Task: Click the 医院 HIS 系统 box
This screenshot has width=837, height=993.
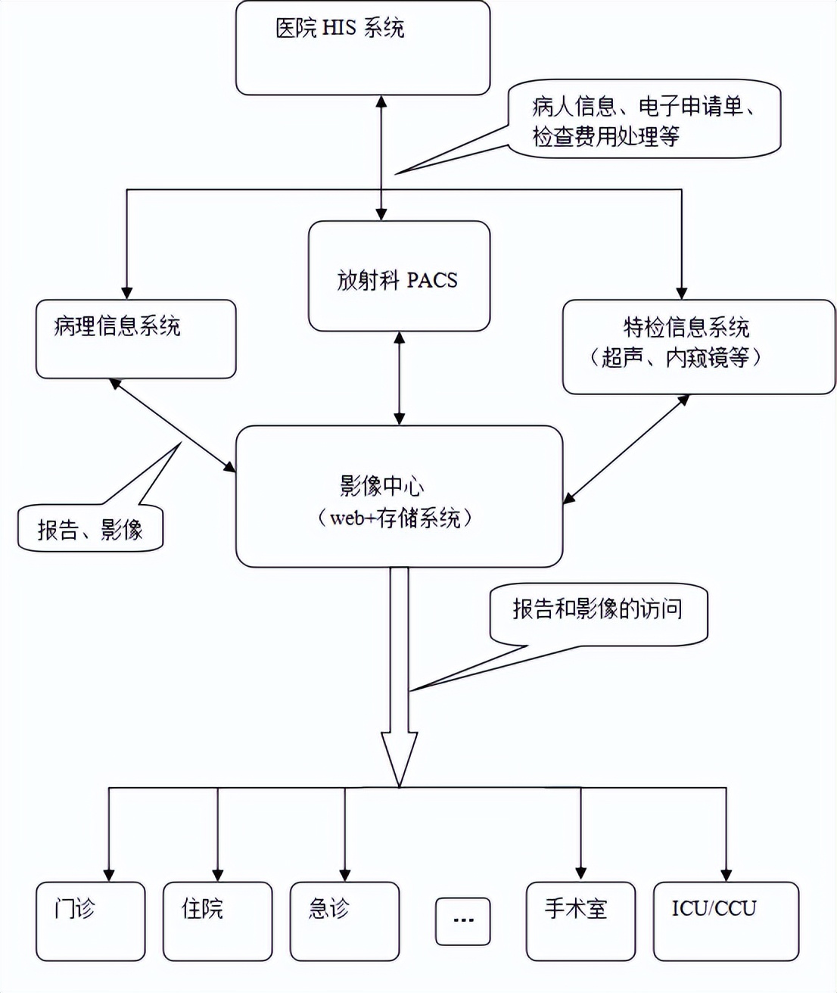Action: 362,48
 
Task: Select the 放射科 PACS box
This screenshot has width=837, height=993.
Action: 399,276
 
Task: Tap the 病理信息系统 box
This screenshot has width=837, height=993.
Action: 135,339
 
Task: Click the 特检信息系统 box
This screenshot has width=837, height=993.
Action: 698,347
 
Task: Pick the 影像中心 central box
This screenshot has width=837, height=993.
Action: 399,496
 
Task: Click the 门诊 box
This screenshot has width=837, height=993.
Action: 90,921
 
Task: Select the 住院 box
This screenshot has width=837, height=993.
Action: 217,921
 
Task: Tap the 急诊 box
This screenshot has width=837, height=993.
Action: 344,921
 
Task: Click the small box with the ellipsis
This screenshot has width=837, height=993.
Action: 462,921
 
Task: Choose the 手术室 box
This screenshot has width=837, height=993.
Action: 580,921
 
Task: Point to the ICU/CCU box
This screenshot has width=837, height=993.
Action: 725,921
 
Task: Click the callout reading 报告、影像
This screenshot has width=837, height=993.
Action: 90,528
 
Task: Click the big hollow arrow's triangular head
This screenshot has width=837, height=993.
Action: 399,757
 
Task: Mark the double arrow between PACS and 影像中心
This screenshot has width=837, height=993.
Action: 399,378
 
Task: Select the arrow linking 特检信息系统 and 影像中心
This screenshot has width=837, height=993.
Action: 626,449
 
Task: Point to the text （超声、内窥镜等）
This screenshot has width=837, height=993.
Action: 675,358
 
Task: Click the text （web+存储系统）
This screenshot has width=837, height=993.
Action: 394,518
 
